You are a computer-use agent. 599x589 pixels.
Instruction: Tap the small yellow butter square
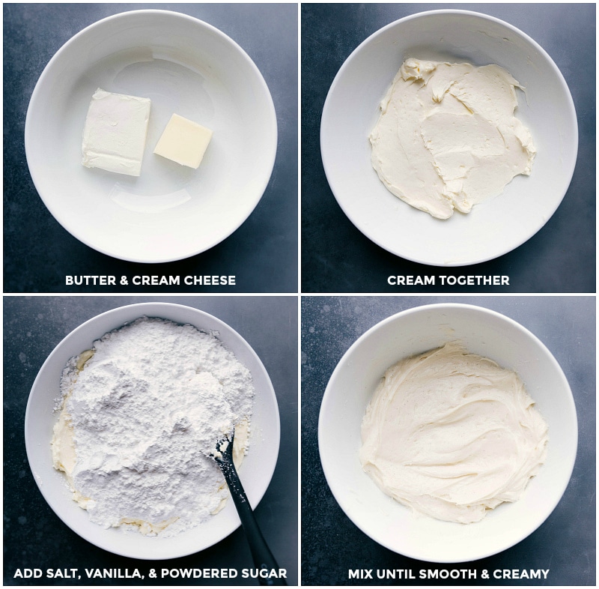point(183,141)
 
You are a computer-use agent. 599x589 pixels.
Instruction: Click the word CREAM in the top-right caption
point(410,280)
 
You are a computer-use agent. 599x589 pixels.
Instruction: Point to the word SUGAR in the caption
point(263,574)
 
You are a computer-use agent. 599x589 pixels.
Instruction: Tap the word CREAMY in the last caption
point(524,574)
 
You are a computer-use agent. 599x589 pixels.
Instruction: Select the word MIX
point(362,574)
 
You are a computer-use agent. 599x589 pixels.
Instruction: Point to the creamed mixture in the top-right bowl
point(449,139)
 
